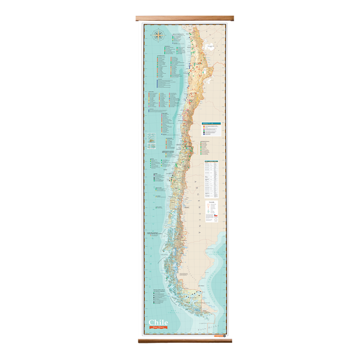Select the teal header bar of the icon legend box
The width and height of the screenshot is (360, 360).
point(211,123)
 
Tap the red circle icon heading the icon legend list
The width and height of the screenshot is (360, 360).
point(204,126)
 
